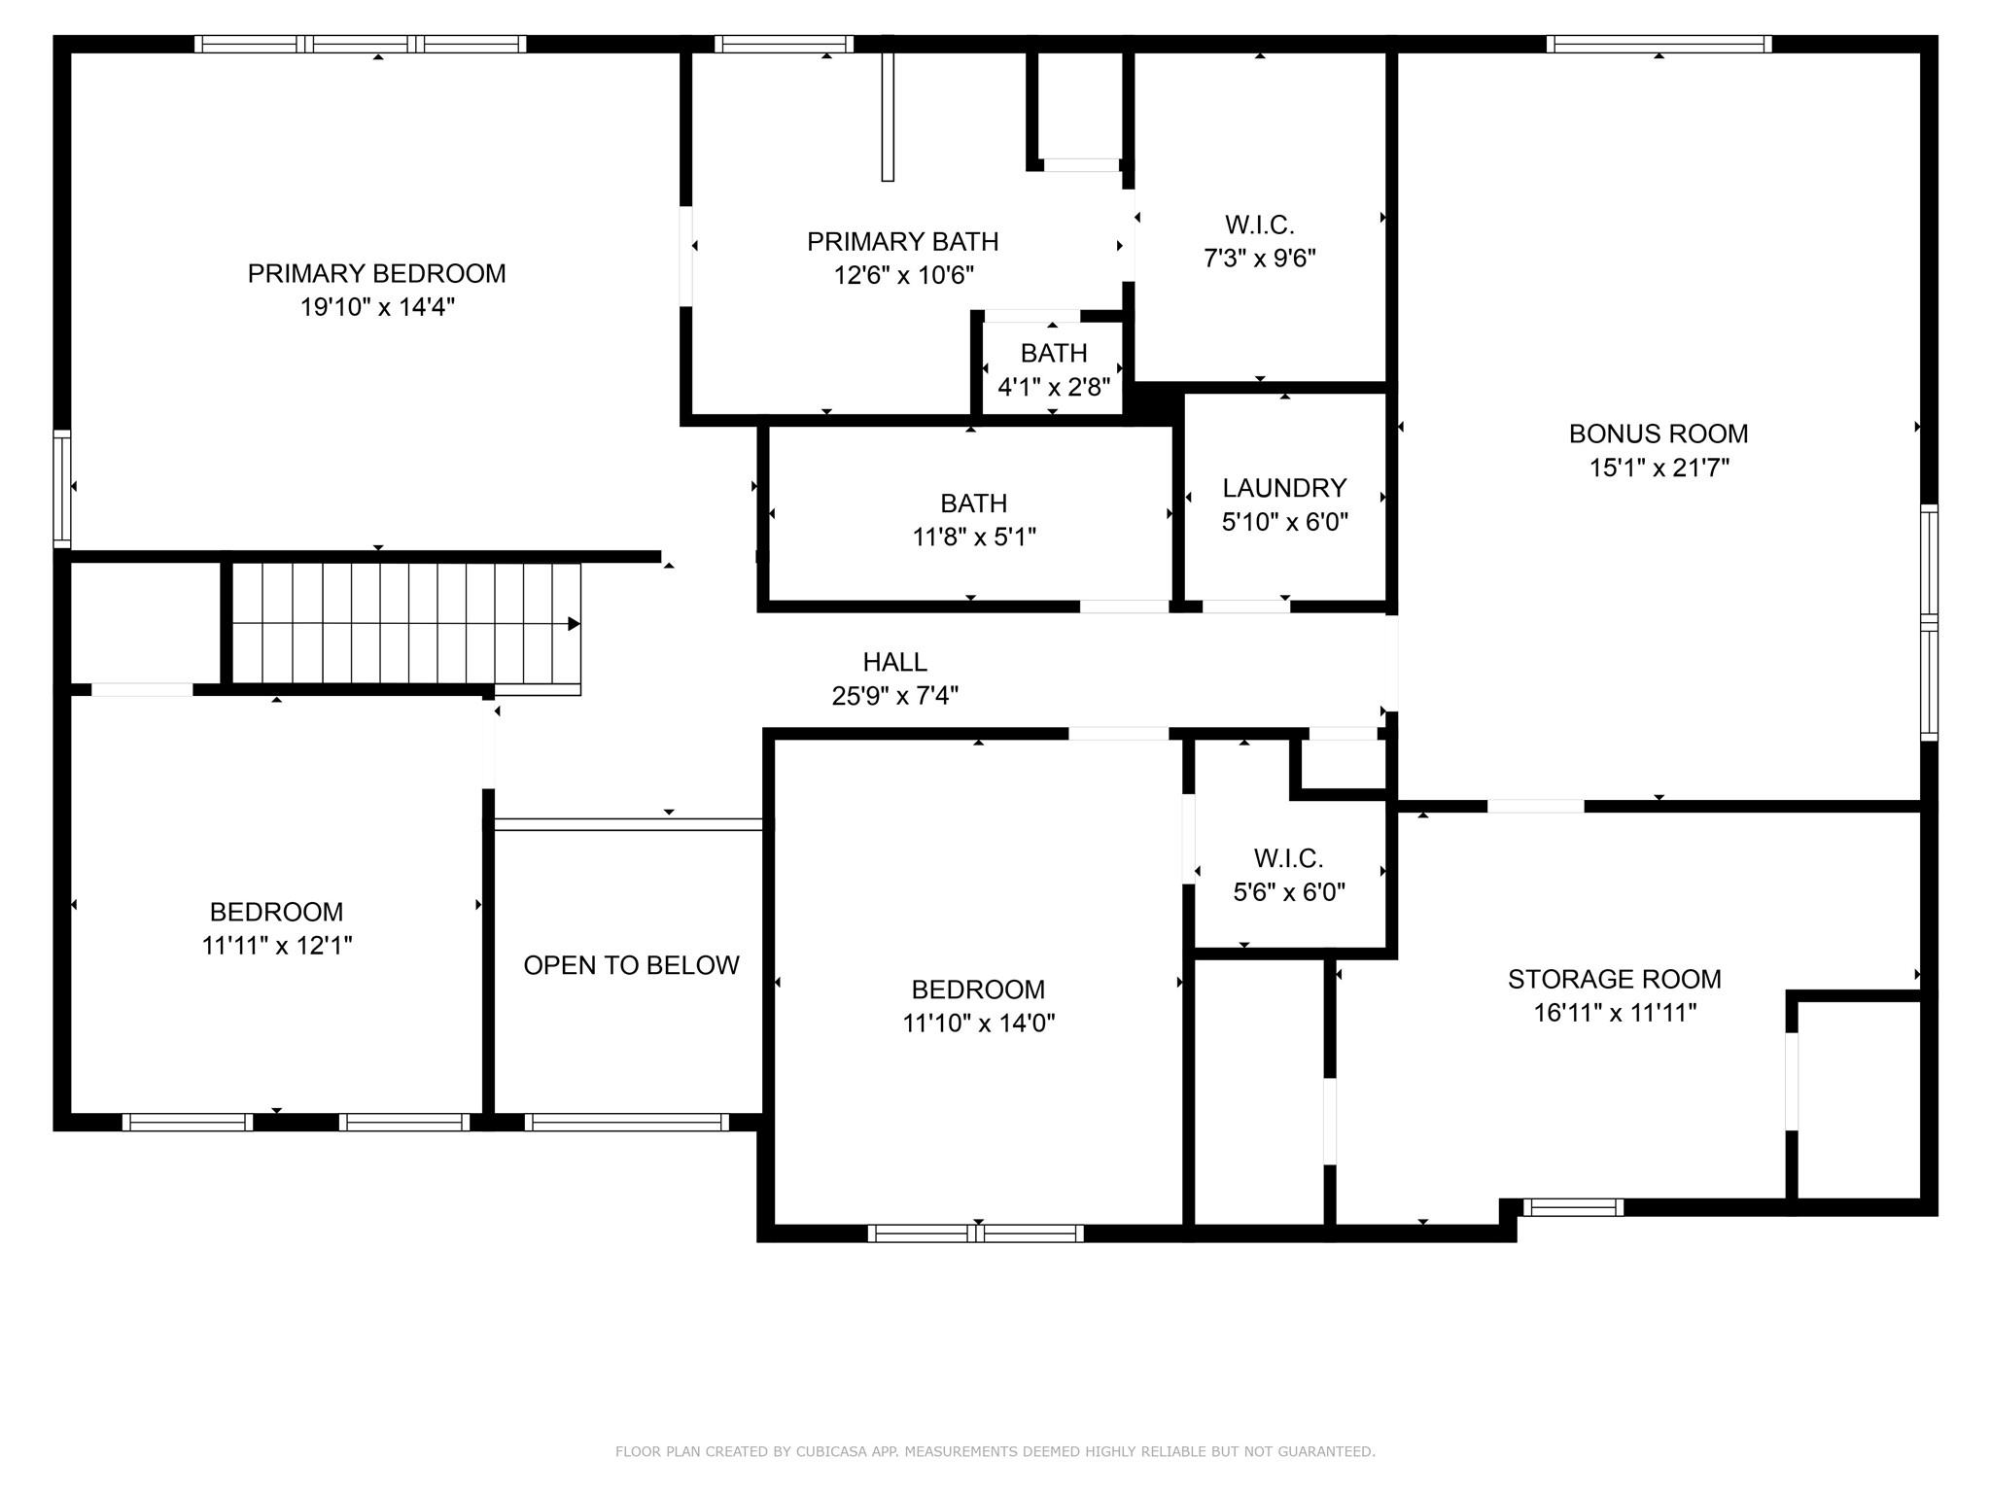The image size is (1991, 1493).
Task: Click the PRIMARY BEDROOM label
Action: [x=376, y=274]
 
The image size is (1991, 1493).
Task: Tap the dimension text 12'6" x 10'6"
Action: [x=903, y=275]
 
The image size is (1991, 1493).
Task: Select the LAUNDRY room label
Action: [x=1284, y=488]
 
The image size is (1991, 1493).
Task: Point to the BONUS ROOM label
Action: [x=1658, y=434]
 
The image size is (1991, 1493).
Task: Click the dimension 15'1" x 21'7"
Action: [x=1659, y=468]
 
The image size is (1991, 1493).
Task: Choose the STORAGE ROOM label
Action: [x=1614, y=979]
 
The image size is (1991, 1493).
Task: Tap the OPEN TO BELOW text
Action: [x=631, y=965]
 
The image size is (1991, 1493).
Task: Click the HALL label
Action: [x=894, y=662]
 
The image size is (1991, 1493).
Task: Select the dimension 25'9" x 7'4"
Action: [x=894, y=696]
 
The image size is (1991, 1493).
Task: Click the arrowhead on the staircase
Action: [x=575, y=624]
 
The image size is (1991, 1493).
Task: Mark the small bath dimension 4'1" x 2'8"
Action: [x=1054, y=387]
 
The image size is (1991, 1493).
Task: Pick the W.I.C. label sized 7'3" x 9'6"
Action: [x=1259, y=226]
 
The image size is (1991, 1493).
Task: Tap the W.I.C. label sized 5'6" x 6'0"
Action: [x=1288, y=858]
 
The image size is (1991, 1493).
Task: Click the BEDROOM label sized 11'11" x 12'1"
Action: [x=276, y=912]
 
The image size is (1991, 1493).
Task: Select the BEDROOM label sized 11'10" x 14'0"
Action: [x=978, y=990]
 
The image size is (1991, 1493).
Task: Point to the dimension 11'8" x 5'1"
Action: [x=973, y=537]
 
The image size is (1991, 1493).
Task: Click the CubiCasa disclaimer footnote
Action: [x=995, y=1451]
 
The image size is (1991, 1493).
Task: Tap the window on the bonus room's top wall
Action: [x=1659, y=44]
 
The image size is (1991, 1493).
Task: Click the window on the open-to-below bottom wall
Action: [x=627, y=1122]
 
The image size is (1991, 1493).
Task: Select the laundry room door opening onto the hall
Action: [x=1245, y=607]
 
